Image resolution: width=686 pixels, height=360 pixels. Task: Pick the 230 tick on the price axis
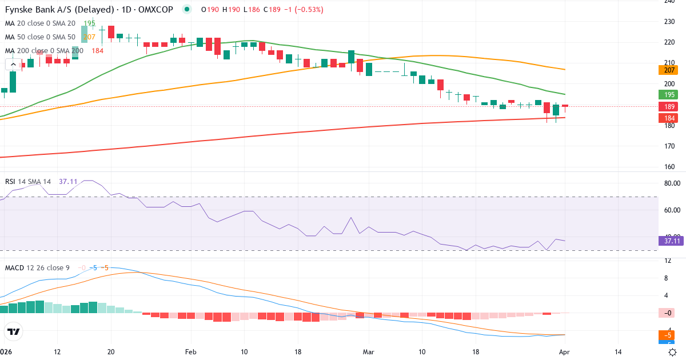coord(669,22)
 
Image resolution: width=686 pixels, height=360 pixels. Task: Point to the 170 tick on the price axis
coord(669,146)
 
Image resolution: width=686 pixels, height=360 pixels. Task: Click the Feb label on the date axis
coord(191,352)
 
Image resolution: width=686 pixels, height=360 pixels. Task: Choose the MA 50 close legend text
coord(40,37)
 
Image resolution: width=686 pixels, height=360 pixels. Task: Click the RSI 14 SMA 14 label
coord(27,182)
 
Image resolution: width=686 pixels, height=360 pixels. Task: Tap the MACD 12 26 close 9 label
coord(37,267)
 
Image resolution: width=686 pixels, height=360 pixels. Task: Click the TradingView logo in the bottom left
coord(13,331)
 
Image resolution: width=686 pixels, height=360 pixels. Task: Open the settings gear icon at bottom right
coord(673,352)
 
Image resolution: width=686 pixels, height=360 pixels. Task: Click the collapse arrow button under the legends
coord(13,65)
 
